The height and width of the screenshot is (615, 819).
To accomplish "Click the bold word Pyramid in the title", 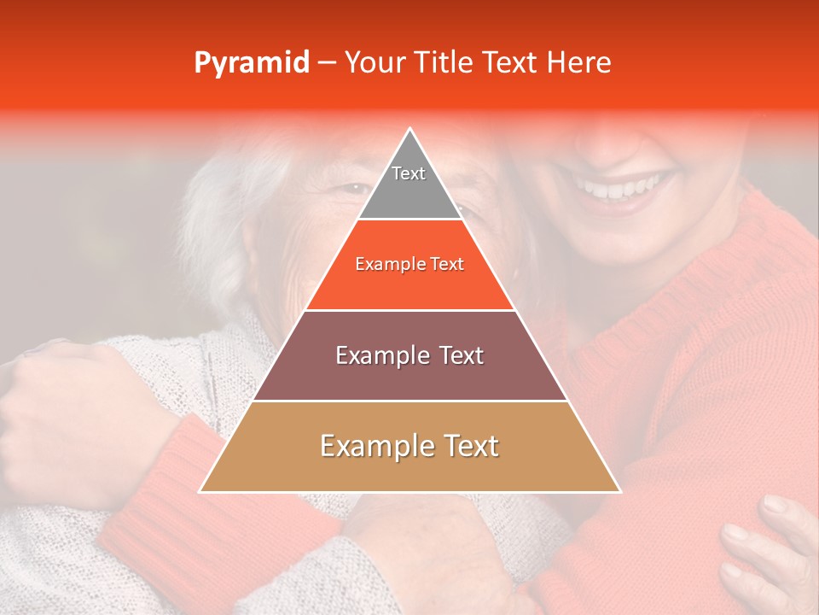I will pyautogui.click(x=252, y=63).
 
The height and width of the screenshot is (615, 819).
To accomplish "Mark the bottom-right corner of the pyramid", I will pyautogui.click(x=619, y=491).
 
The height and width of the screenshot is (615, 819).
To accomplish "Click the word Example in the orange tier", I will pyautogui.click(x=382, y=265).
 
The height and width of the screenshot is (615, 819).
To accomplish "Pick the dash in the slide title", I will pyautogui.click(x=325, y=62).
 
